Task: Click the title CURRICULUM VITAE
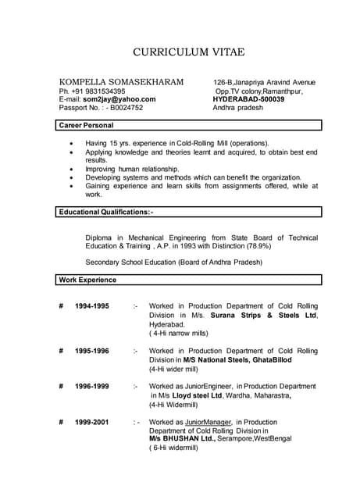point(188,52)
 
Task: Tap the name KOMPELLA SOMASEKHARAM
point(122,82)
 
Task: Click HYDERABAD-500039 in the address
point(248,100)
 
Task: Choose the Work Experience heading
point(88,280)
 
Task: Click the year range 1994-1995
point(92,305)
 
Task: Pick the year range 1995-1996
point(92,351)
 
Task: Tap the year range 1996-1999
point(92,387)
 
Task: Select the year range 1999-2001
point(92,422)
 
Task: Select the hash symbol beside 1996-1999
point(61,387)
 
